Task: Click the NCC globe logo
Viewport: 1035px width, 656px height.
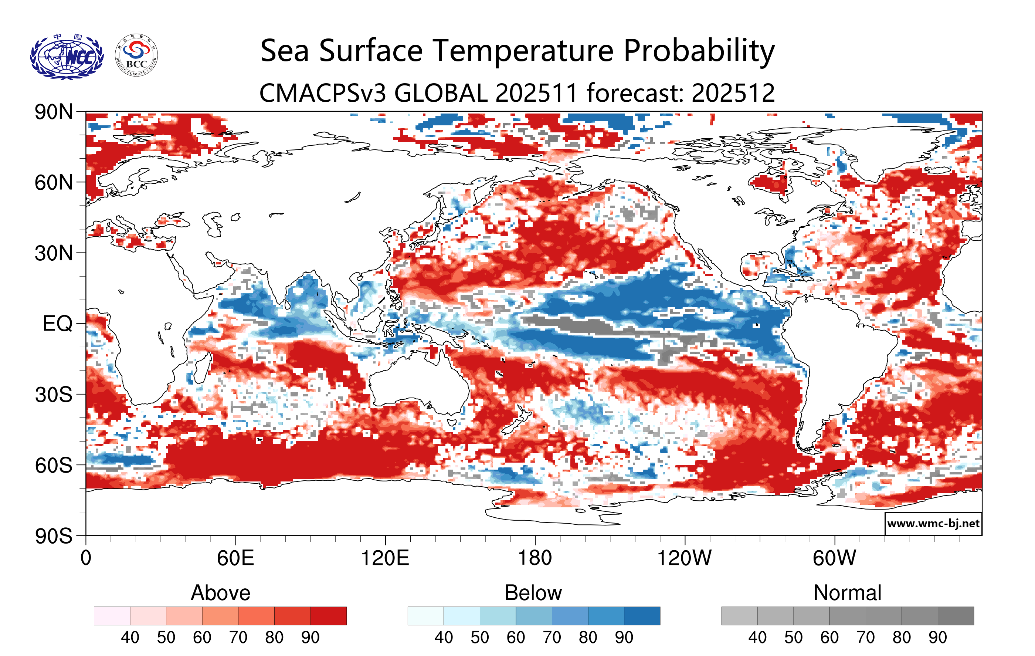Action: click(x=67, y=57)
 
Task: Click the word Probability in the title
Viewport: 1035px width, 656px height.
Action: click(x=699, y=51)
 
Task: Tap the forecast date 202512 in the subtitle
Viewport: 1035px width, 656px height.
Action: click(x=733, y=93)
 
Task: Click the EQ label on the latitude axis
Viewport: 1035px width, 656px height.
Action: click(x=58, y=324)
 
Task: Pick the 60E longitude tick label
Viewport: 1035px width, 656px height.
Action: click(x=235, y=558)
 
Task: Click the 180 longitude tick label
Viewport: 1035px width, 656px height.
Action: click(x=535, y=558)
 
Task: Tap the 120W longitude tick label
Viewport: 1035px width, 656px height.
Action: click(x=684, y=558)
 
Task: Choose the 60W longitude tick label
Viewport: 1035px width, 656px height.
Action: click(x=834, y=558)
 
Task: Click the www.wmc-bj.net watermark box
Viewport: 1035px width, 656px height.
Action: click(x=933, y=524)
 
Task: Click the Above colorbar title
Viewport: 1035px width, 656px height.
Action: click(x=221, y=593)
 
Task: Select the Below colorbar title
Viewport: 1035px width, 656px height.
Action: click(x=533, y=593)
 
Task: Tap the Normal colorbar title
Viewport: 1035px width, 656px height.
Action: click(x=847, y=593)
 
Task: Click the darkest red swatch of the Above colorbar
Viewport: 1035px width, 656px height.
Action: click(x=328, y=616)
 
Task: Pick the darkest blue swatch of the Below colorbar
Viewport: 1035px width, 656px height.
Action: click(x=642, y=616)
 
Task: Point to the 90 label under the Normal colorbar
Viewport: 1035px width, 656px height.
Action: click(x=937, y=638)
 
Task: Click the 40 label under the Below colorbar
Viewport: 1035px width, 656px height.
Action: click(x=444, y=638)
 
